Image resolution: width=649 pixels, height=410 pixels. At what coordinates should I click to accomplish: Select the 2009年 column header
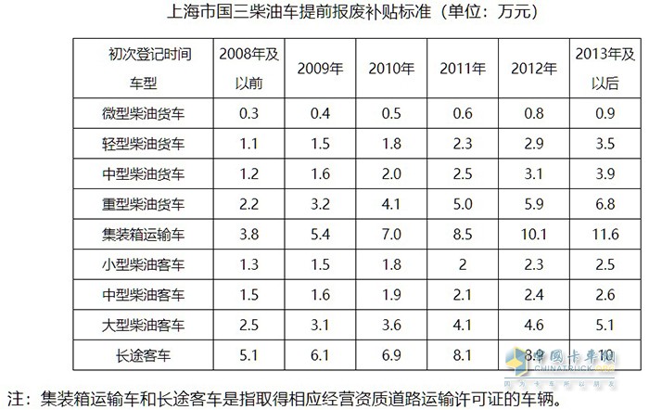pos(320,68)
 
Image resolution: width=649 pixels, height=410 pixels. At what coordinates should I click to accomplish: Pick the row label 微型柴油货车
pos(143,113)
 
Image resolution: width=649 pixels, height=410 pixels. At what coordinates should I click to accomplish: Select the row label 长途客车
pos(143,354)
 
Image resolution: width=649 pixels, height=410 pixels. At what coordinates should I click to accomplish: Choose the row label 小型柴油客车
pos(143,264)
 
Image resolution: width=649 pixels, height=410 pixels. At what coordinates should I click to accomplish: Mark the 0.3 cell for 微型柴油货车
pos(248,113)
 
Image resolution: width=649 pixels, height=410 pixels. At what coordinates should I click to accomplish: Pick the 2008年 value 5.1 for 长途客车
pos(248,354)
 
